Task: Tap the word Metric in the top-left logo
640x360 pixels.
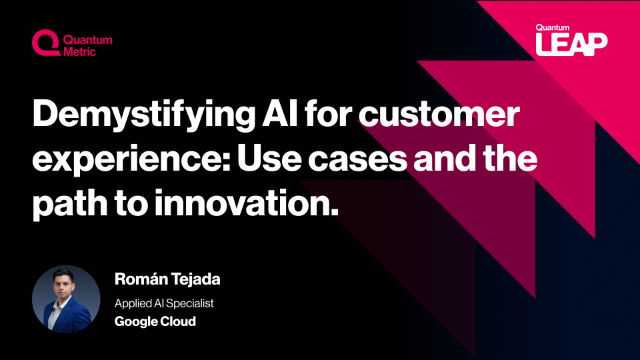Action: (x=80, y=51)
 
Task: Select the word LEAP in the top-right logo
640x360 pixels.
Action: (x=571, y=45)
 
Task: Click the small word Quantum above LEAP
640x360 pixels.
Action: (x=553, y=28)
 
